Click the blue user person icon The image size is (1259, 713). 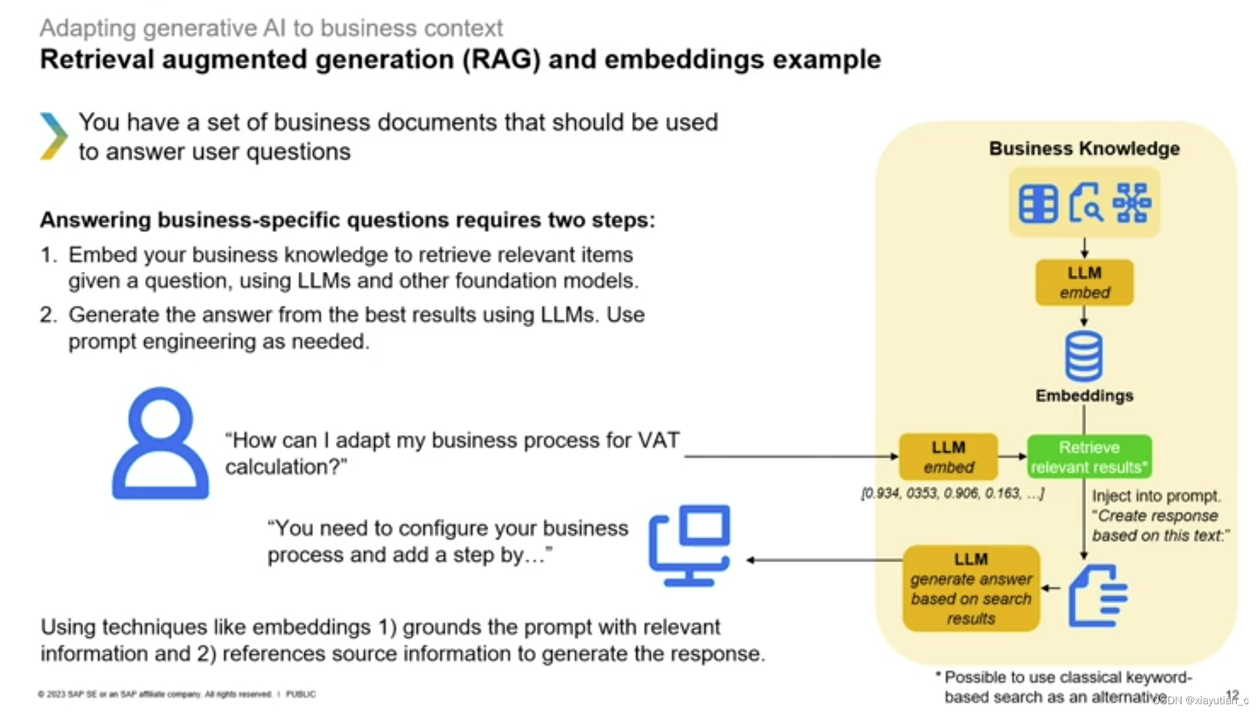160,443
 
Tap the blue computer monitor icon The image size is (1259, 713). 690,544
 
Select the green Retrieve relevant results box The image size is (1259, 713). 1088,457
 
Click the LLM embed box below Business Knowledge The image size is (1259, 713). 1084,283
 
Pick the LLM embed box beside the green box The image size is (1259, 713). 948,457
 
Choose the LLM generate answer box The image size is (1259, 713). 970,588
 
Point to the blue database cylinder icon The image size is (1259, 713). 1084,355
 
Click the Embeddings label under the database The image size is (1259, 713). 1084,395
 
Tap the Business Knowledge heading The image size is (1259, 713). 1084,148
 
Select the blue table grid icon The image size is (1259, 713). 1038,203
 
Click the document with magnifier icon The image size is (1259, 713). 1085,203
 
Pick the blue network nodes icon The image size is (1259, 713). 1132,203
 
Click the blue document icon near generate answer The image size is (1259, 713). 1097,596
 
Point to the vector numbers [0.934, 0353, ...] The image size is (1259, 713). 952,493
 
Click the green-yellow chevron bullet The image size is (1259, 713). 53,136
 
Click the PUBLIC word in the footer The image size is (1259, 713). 300,694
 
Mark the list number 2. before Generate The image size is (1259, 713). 48,315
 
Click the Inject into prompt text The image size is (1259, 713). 1156,496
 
